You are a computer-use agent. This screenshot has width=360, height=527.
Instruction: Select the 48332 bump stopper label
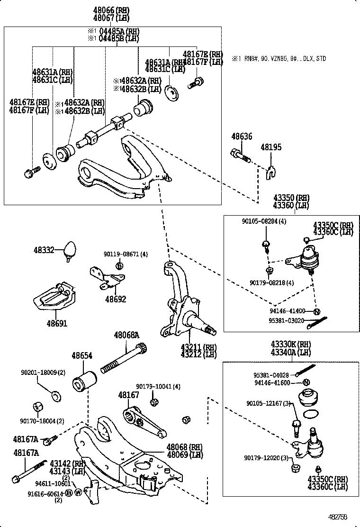(44, 250)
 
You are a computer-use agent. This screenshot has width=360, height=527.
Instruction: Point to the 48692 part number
(116, 300)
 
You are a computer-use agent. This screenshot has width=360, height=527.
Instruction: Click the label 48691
(56, 324)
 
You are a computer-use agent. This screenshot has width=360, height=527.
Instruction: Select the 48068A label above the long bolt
(126, 336)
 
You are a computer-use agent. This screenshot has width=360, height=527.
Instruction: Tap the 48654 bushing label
(81, 355)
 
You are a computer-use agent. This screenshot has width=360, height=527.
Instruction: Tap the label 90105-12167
(268, 403)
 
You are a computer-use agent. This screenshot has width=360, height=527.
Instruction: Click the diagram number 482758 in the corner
(338, 517)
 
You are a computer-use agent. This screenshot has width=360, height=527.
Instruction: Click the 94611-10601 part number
(53, 483)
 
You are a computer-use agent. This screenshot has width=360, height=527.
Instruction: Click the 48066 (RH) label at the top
(111, 10)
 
